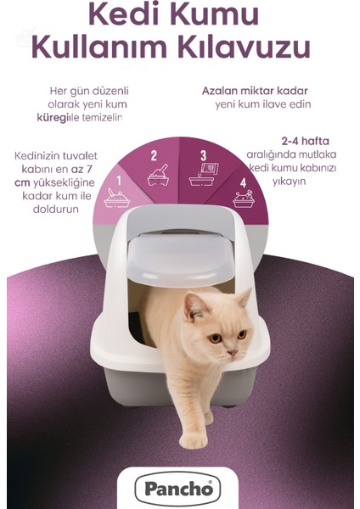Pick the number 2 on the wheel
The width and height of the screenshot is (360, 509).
pos(154,155)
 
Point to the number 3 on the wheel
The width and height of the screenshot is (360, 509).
pos(203,155)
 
